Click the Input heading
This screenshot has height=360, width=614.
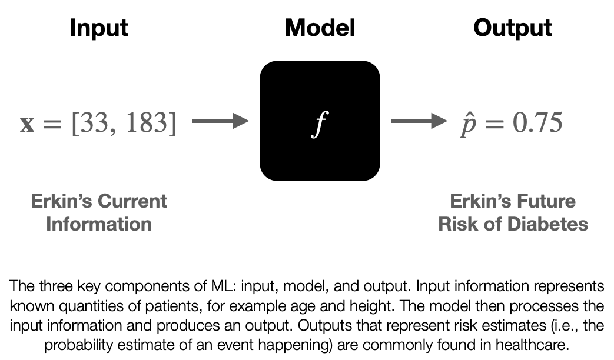tap(99, 29)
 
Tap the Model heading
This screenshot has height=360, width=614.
tap(320, 28)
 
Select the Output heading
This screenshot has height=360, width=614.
tap(513, 29)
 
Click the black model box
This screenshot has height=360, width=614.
tap(320, 121)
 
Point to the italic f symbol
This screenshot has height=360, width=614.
tap(320, 124)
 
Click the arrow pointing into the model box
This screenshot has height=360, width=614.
tap(220, 121)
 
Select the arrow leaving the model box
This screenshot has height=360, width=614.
tap(419, 121)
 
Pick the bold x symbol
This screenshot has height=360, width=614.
tap(27, 125)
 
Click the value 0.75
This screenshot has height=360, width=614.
tap(537, 122)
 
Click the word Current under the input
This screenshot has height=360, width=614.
tap(132, 201)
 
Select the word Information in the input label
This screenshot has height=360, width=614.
tap(99, 224)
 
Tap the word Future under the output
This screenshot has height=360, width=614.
tap(545, 201)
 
